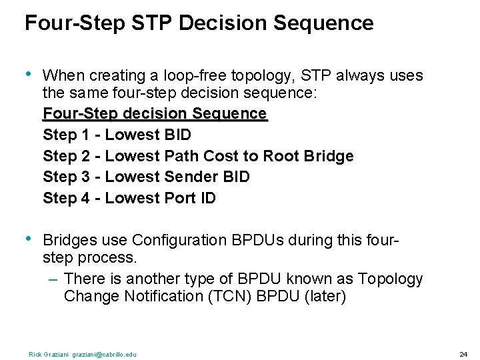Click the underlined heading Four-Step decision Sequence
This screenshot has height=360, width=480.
pyautogui.click(x=155, y=113)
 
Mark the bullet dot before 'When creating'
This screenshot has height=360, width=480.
pyautogui.click(x=29, y=75)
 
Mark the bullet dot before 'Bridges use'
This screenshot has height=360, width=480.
pyautogui.click(x=29, y=239)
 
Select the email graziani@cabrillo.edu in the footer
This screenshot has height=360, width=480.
pyautogui.click(x=105, y=354)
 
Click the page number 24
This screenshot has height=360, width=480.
pyautogui.click(x=463, y=354)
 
